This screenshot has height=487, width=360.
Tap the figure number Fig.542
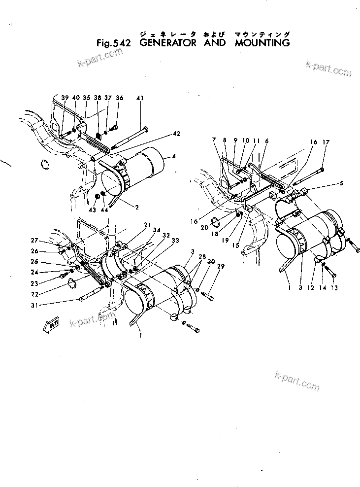tap(114, 43)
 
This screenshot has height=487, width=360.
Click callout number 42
tap(176, 134)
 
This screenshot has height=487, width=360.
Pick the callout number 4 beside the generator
tap(173, 157)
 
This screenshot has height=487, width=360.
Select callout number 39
tap(64, 98)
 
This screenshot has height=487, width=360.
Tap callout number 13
tap(334, 288)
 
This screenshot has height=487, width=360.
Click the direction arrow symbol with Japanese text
tap(53, 324)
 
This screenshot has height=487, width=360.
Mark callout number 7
tap(215, 140)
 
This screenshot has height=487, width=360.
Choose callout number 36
tap(119, 98)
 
